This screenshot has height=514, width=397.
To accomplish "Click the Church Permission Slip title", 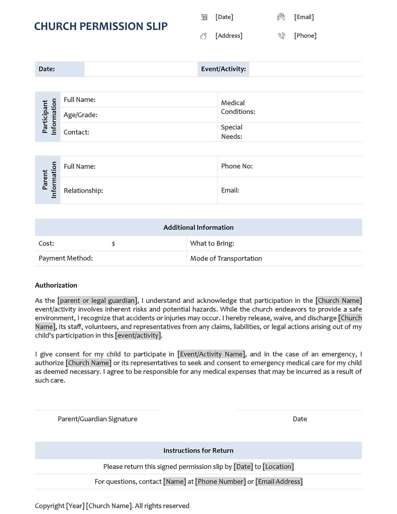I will click(x=101, y=26).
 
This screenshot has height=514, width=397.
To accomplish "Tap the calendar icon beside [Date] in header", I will click(x=204, y=17).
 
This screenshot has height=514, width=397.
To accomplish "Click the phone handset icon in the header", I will click(x=281, y=36).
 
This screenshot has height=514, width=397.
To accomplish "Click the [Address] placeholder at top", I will click(x=228, y=35).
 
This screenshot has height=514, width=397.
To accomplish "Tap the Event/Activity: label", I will click(x=223, y=69).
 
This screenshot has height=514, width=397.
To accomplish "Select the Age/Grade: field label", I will click(x=80, y=115).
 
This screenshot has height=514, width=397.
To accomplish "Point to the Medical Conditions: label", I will click(x=238, y=107).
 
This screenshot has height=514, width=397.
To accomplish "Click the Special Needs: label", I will click(x=232, y=131).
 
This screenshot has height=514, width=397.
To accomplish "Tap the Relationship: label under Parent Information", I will click(x=83, y=190).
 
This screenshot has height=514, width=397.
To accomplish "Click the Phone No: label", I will click(x=236, y=166).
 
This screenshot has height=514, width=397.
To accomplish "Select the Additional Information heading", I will click(x=198, y=227).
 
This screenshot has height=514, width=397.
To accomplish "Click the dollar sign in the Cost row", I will click(x=113, y=244).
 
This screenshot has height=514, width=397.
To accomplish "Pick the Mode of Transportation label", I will click(x=226, y=258).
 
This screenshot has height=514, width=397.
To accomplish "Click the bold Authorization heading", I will click(x=56, y=285).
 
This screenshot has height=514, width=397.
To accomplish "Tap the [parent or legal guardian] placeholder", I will click(x=97, y=300).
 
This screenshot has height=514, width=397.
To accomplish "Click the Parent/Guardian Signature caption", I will click(x=97, y=419).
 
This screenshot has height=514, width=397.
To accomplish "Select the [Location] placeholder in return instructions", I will click(x=278, y=466).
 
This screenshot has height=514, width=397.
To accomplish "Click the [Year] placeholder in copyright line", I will click(x=75, y=506).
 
